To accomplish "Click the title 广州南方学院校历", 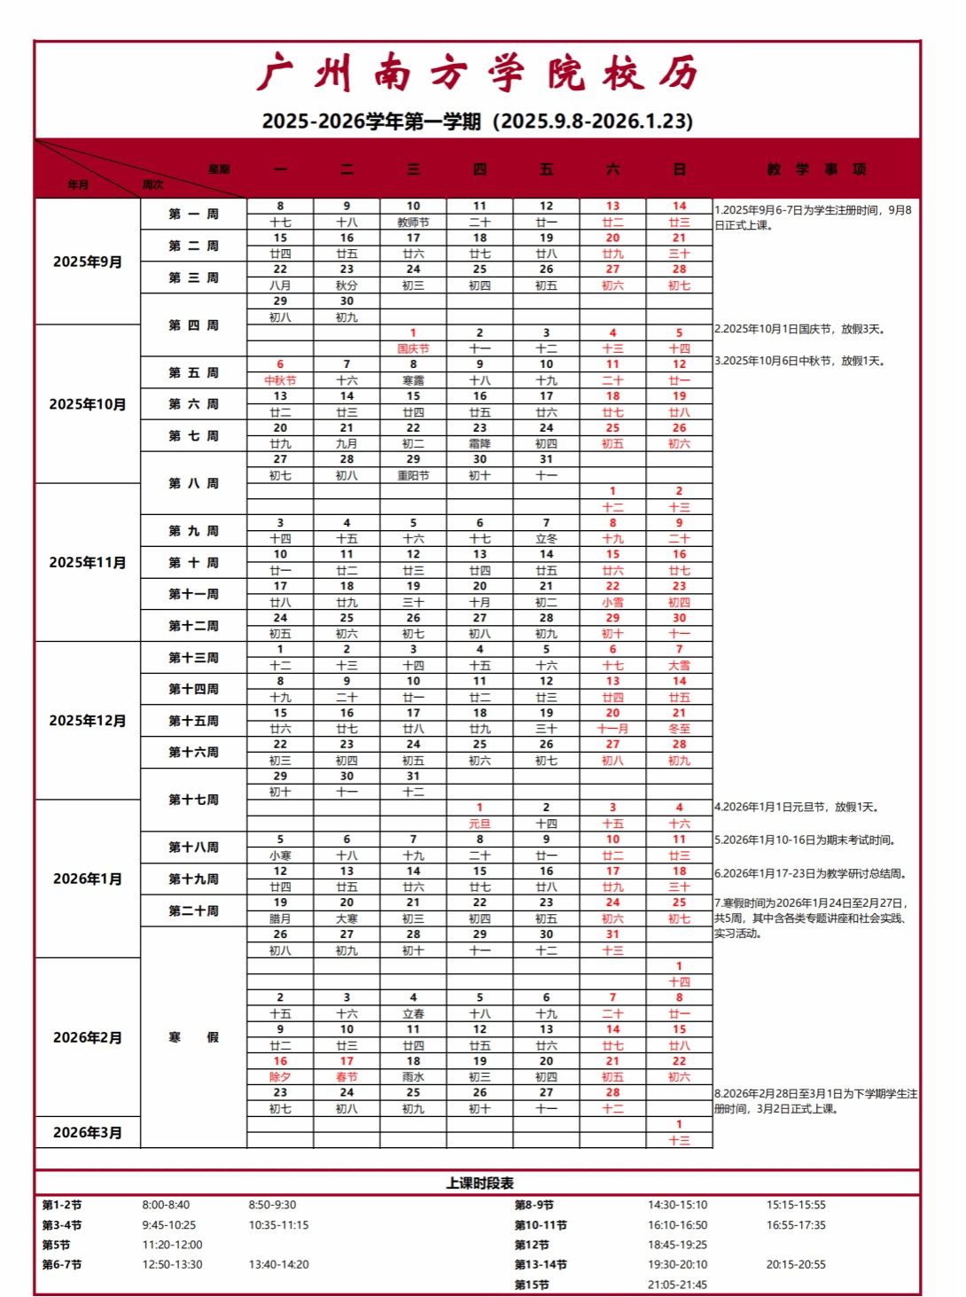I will point(479,74).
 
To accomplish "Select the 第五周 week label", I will point(193,373).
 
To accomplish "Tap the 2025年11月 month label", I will point(88,562).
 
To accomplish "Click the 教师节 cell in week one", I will point(413,223).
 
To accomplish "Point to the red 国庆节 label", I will point(413,348).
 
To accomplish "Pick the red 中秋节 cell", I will point(280,380).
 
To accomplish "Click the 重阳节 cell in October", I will point(413,475).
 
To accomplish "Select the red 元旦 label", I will point(479,824).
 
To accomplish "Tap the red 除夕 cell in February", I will point(280,1076).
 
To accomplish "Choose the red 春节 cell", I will point(347,1076).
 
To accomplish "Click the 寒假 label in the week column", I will point(193,1037).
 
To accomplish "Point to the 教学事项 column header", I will point(816,168).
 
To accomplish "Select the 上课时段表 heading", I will point(479,1183).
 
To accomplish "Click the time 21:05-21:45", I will point(677,1285).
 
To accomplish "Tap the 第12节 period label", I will point(532,1245).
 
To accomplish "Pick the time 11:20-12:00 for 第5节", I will point(172,1245).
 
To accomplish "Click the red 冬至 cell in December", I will point(679,729).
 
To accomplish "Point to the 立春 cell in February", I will point(413,1013).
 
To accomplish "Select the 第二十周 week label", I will point(193,910).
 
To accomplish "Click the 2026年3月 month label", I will point(88,1132).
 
